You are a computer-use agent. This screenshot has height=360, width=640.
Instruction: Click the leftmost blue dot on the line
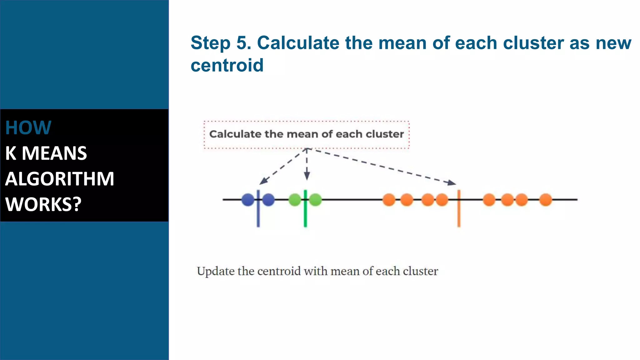248,200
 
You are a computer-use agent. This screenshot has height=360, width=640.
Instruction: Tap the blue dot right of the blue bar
268,200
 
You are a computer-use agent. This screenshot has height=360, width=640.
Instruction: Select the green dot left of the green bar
295,200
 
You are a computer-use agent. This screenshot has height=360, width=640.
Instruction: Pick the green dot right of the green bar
316,200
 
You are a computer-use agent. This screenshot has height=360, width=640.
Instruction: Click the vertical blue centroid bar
258,216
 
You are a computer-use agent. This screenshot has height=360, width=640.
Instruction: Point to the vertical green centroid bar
305,216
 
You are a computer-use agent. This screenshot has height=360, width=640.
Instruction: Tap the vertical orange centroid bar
459,216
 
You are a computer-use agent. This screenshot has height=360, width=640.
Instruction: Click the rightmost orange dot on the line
546,200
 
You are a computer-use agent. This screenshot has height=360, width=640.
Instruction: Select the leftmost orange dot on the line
389,200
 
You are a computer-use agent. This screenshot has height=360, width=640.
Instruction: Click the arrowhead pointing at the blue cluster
263,181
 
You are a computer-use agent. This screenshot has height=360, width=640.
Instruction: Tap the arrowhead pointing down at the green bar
307,176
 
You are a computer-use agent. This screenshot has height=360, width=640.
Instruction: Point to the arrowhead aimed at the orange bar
452,182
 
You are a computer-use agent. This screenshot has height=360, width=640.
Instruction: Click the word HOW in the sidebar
28,128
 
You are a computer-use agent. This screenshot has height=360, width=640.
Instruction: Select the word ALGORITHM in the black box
60,179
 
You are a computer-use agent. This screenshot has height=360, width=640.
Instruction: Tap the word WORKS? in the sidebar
43,204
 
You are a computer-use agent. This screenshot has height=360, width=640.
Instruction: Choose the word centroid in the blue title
227,65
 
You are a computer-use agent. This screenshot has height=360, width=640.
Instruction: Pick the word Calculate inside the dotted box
235,134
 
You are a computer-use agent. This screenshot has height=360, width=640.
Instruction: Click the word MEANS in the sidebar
54,153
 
